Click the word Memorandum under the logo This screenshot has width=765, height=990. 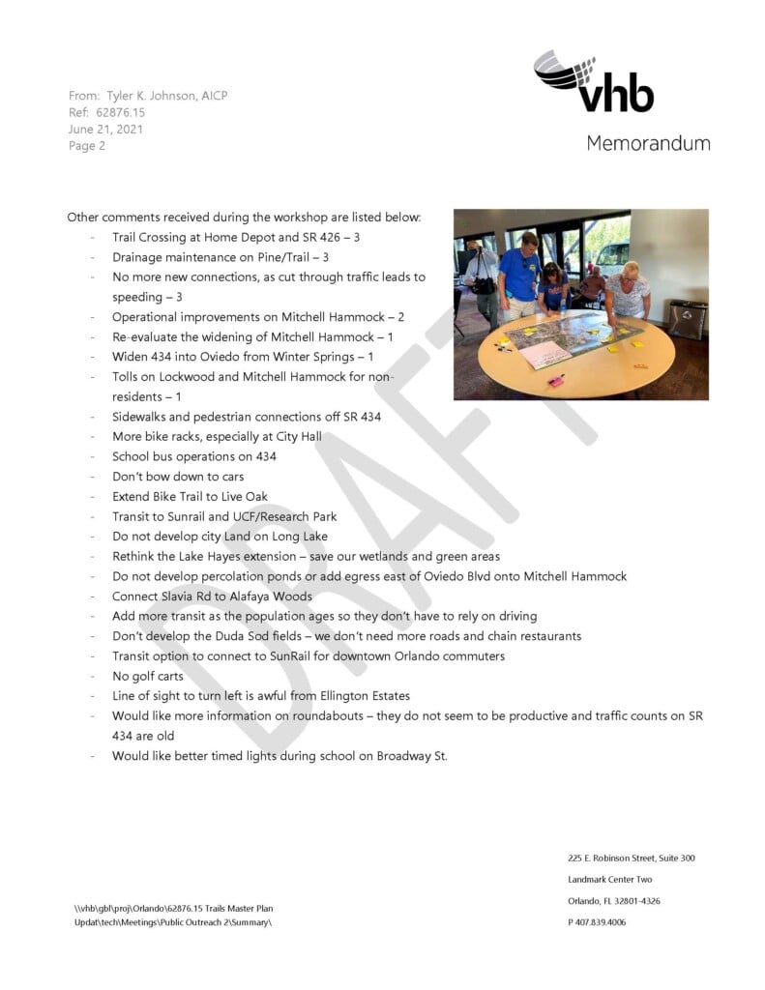647,143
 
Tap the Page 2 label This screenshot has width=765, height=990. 87,146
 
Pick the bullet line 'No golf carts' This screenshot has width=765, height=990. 147,676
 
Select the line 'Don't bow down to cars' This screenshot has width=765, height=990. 178,476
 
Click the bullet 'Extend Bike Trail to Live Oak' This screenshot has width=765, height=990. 190,496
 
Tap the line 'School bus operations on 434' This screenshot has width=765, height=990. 193,456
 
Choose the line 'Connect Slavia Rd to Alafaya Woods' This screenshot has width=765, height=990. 212,597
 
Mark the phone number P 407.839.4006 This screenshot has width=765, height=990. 597,922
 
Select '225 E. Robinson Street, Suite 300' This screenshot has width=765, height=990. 631,859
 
